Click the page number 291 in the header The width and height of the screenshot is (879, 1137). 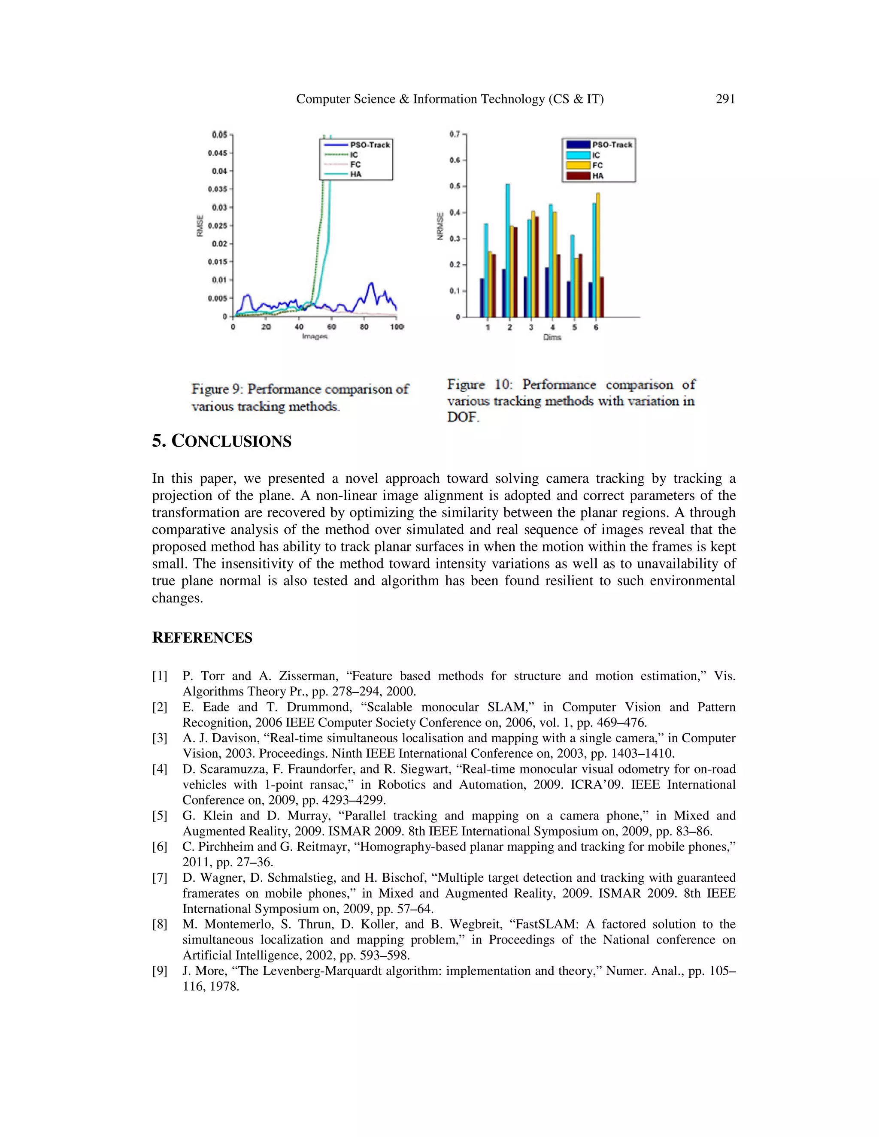[725, 99]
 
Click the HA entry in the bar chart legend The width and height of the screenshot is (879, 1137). [597, 176]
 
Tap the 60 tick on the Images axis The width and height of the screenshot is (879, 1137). [332, 327]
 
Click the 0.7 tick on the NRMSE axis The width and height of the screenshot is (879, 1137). [455, 134]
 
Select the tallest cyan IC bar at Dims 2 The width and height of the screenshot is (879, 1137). [508, 250]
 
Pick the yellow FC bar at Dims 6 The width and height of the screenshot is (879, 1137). [597, 255]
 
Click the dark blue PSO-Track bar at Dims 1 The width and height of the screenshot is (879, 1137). [482, 298]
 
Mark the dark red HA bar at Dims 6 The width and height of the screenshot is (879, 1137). [602, 297]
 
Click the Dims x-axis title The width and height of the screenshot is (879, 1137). [552, 337]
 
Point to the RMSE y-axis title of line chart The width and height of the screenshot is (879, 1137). [200, 225]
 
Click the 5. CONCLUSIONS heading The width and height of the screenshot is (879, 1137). [221, 441]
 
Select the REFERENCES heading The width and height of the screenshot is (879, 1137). [202, 638]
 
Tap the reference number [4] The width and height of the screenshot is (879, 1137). [159, 769]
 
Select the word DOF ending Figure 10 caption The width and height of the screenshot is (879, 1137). [462, 417]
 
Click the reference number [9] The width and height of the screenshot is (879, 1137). [159, 971]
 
